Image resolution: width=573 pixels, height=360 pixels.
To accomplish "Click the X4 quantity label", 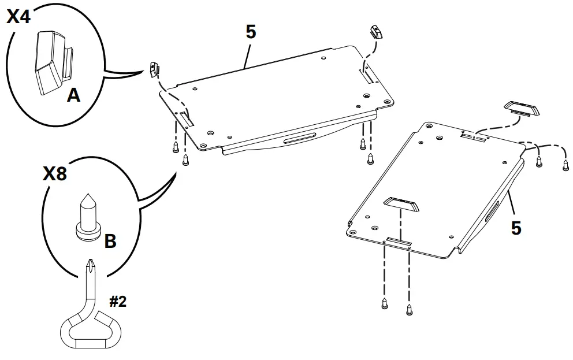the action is pyautogui.click(x=18, y=16).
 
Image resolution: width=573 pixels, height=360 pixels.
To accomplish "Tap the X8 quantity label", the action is pyautogui.click(x=55, y=173).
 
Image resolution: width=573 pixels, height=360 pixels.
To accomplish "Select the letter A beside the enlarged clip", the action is pyautogui.click(x=73, y=95).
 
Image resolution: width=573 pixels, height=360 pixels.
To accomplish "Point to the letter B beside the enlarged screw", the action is pyautogui.click(x=110, y=241).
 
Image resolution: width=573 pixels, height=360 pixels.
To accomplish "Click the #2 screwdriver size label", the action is pyautogui.click(x=118, y=302).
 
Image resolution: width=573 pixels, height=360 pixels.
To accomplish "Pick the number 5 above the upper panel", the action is pyautogui.click(x=251, y=32).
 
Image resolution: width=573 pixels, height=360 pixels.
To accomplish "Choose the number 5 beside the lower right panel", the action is pyautogui.click(x=516, y=228).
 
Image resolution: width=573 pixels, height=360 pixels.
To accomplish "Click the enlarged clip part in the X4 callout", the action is pyautogui.click(x=54, y=63).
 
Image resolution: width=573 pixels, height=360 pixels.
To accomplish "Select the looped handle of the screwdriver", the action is pyautogui.click(x=90, y=328).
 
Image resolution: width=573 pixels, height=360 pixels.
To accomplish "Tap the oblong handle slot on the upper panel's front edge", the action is pyautogui.click(x=300, y=140).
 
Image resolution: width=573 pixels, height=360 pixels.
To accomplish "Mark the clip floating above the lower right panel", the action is pyautogui.click(x=521, y=109).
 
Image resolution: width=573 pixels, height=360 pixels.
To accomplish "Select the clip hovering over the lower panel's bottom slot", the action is pyautogui.click(x=401, y=205).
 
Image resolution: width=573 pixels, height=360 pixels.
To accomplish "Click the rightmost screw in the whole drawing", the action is pyautogui.click(x=565, y=165).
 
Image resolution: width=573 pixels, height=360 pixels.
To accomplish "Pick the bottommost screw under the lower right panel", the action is pyautogui.click(x=410, y=310).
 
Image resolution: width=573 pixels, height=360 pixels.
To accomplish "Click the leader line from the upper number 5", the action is pyautogui.click(x=246, y=56).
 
